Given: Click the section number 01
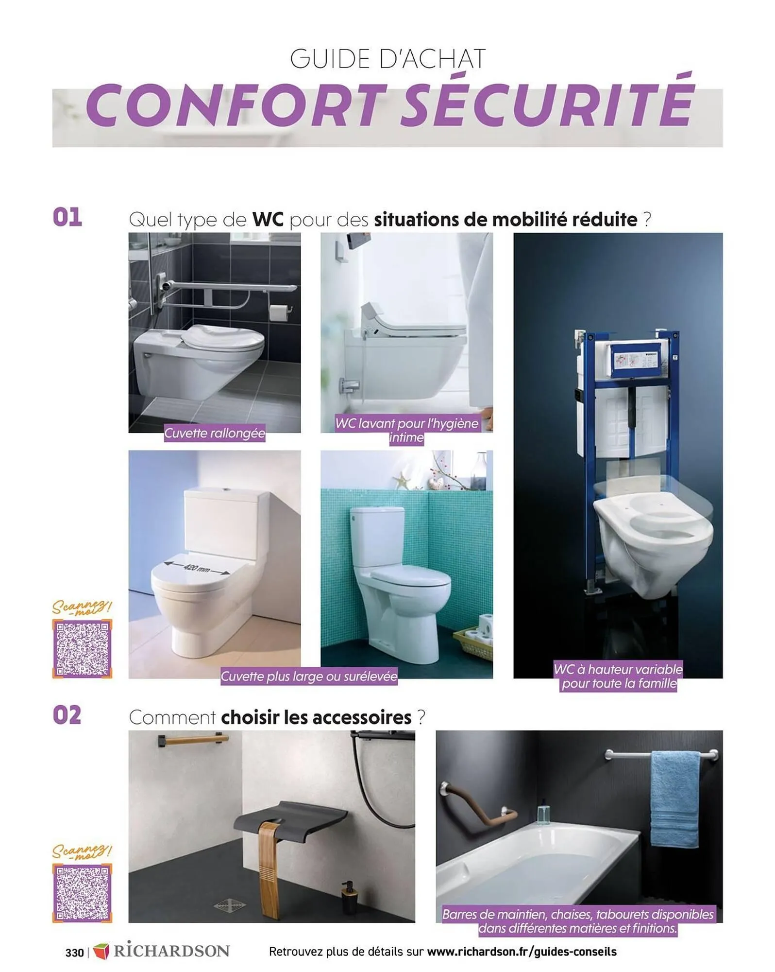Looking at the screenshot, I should click(x=67, y=217).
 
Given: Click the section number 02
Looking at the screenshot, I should click(x=67, y=715).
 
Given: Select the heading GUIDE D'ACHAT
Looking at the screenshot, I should click(x=387, y=59).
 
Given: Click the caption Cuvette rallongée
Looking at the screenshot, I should click(x=215, y=433).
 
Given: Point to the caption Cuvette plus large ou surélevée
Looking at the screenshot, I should click(x=309, y=676).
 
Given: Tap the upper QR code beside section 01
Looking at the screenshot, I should click(x=82, y=648).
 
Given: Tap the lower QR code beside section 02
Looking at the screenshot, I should click(x=82, y=893).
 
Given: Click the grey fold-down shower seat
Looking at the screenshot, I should click(x=290, y=816).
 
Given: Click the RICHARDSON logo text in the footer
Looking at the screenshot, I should click(x=171, y=951).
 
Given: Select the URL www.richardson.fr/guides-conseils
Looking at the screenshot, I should click(x=522, y=951).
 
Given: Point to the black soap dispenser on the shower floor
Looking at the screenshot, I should click(x=348, y=900).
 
